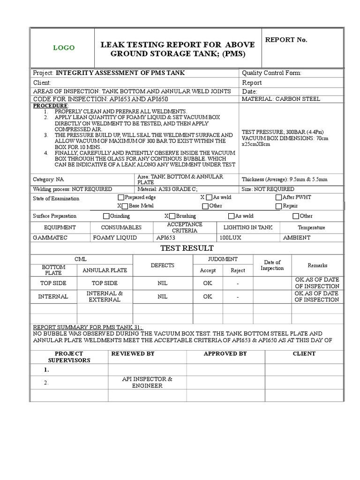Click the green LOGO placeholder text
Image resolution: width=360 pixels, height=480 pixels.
pos(63,48)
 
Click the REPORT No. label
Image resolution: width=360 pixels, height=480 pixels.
pos(286,40)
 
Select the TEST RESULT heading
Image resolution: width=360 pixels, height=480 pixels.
pos(180,248)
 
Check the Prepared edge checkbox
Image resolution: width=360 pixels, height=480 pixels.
pos(121,197)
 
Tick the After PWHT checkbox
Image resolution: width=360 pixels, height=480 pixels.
pos(278,197)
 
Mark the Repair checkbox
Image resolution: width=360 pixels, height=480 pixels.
pos(278,206)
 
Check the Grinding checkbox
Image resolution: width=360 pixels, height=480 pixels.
pos(106,216)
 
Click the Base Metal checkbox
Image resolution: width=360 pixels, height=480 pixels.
pos(125,206)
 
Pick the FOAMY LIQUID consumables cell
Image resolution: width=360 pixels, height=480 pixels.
pos(115,238)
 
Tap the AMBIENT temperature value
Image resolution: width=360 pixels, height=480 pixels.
pos(297,238)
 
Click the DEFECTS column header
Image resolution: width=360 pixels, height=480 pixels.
pos(162,265)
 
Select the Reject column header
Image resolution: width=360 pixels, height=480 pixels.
pos(238,270)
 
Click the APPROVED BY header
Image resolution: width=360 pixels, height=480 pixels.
pos(225,353)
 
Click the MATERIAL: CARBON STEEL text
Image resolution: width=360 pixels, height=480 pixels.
pos(281,99)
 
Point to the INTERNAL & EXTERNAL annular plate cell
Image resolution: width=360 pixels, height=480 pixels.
pos(105,296)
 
